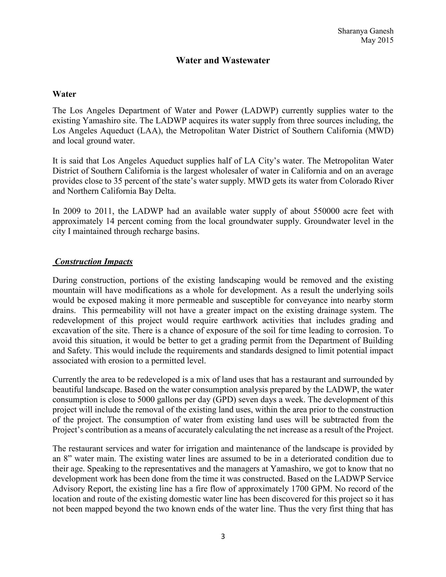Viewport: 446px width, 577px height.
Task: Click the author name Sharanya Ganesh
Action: pyautogui.click(x=365, y=31)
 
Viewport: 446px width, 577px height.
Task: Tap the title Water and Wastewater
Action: pyautogui.click(x=223, y=61)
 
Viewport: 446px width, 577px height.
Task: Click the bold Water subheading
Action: pyautogui.click(x=64, y=94)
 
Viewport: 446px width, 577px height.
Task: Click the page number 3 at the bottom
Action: pyautogui.click(x=223, y=537)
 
